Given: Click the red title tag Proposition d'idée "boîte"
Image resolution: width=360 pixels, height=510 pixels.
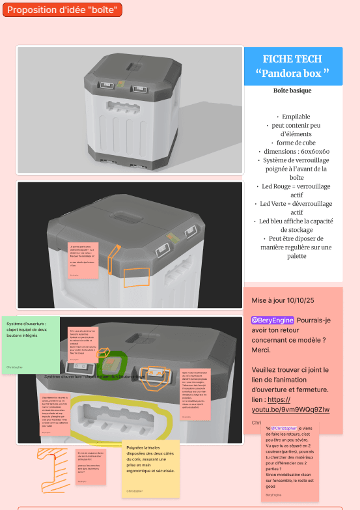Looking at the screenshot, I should (62, 10).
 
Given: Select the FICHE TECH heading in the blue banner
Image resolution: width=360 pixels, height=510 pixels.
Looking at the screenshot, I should (292, 59).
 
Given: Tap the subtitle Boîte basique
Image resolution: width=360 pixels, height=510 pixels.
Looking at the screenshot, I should (292, 91).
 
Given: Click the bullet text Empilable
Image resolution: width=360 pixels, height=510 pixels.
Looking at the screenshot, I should (292, 117).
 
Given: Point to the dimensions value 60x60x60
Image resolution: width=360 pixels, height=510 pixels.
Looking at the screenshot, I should (307, 151).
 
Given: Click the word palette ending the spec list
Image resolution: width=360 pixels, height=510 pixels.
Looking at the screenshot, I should (292, 256).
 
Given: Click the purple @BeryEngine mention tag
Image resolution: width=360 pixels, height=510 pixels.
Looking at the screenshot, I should (273, 320).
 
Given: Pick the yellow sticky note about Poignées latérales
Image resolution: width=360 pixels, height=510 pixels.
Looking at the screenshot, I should (150, 467).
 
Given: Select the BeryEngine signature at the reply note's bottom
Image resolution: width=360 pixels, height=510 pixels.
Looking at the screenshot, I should (274, 495).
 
